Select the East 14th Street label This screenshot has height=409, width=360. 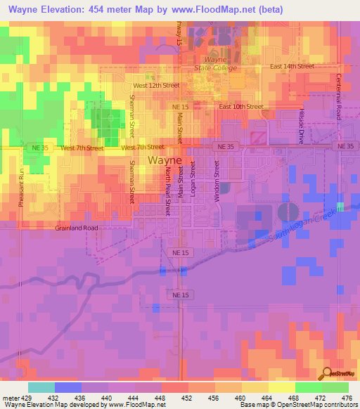click(292, 67)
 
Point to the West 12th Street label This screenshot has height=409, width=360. click(156, 85)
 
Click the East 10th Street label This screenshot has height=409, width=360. click(240, 106)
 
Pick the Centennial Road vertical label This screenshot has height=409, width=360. click(338, 96)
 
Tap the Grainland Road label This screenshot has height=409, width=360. click(77, 228)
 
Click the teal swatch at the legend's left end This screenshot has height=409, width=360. click(41, 387)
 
